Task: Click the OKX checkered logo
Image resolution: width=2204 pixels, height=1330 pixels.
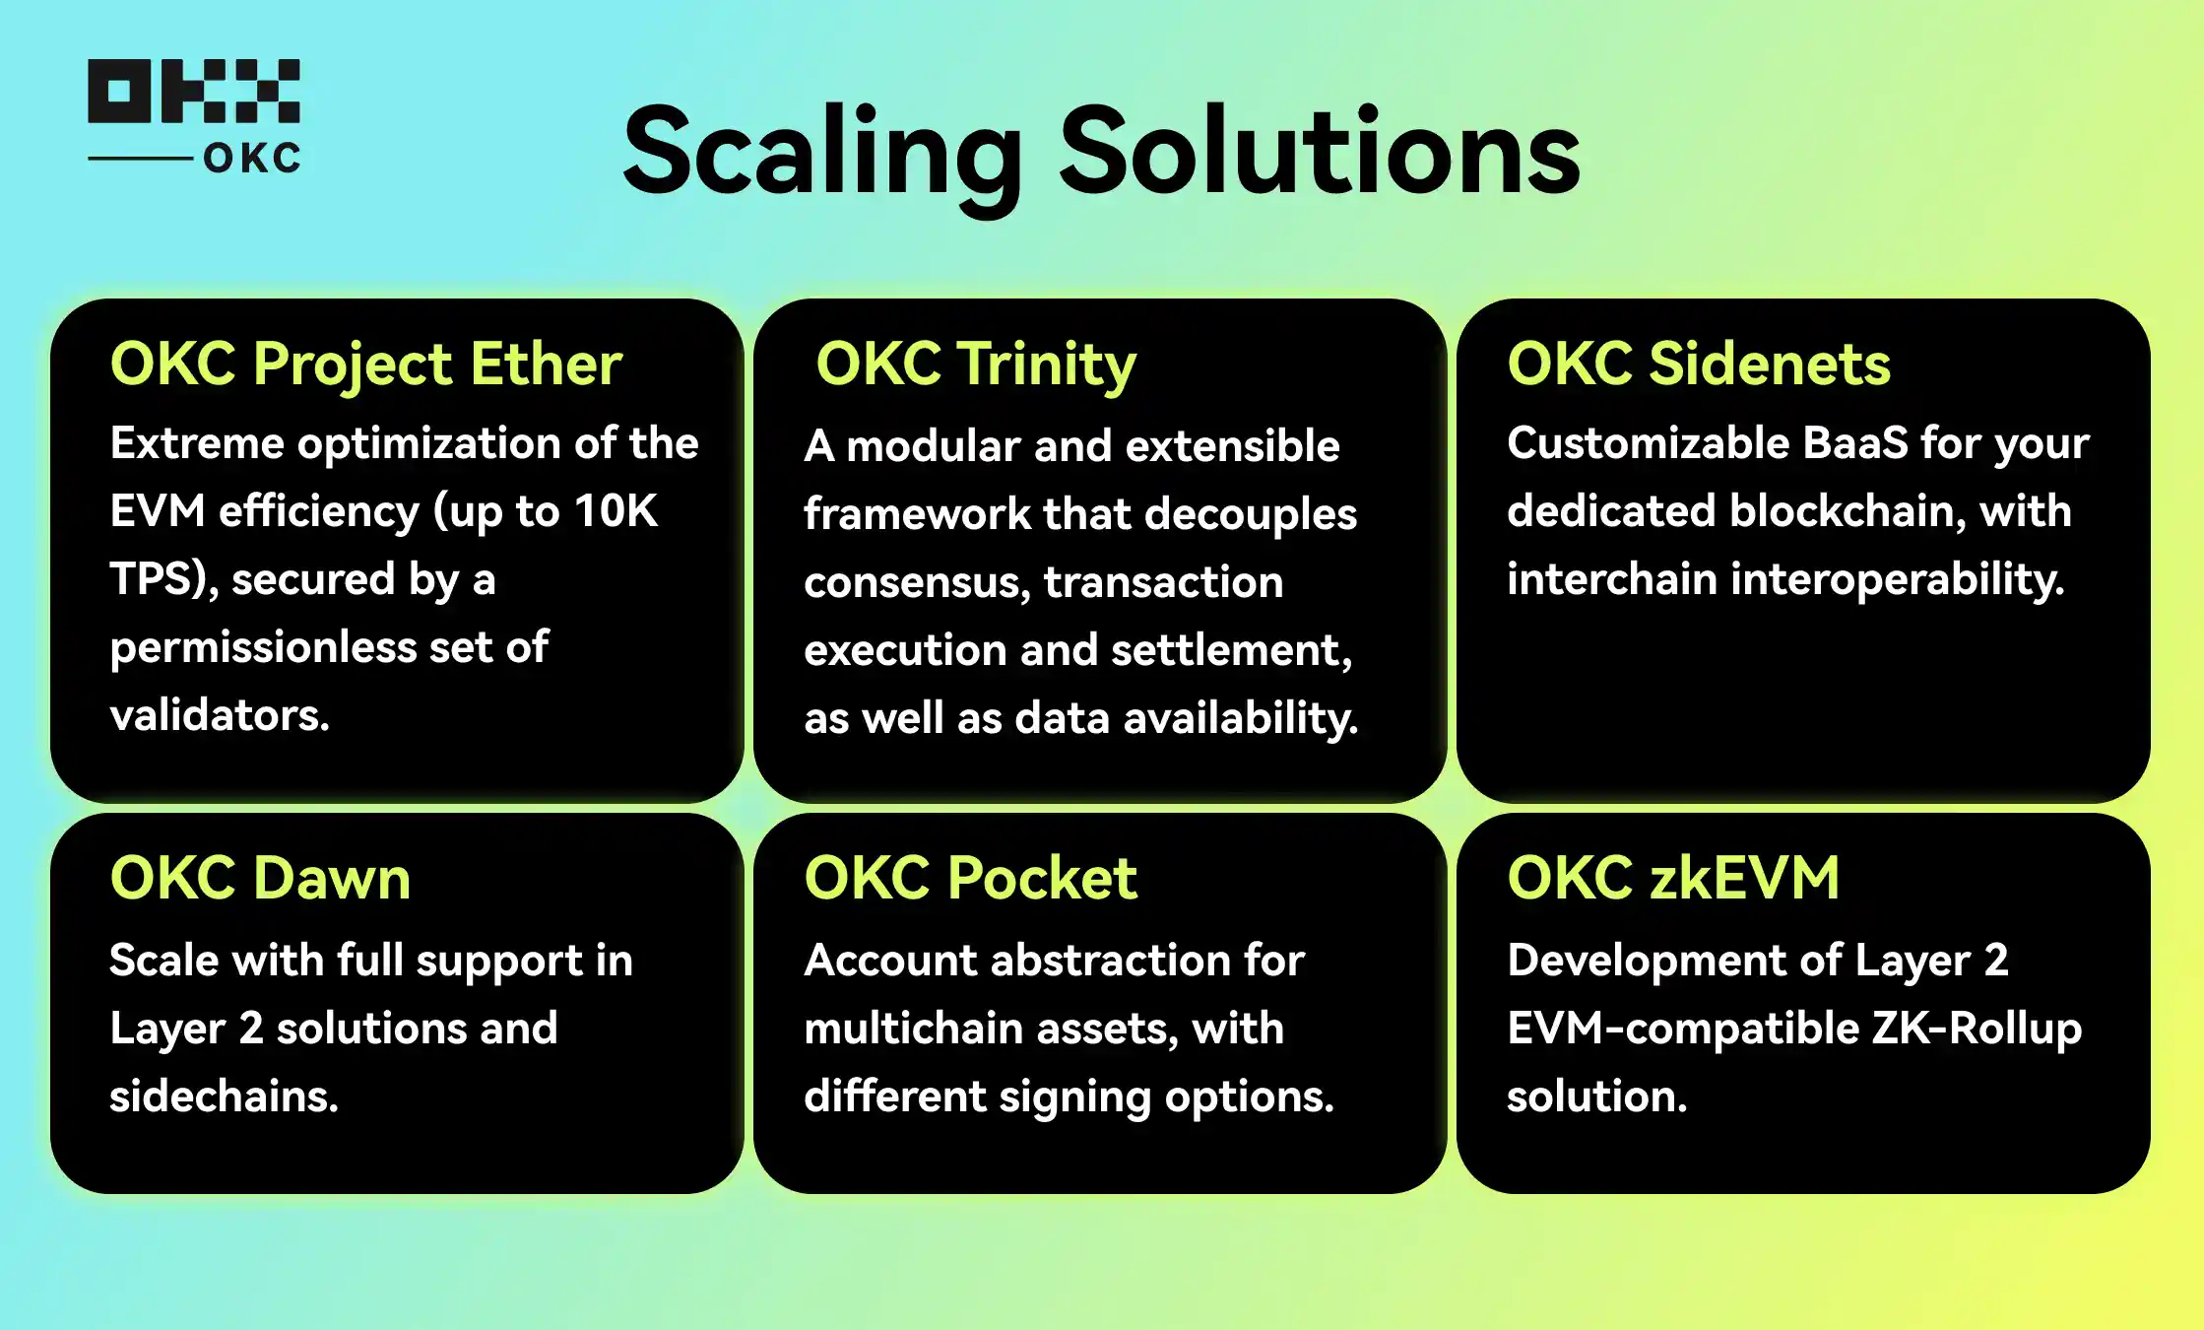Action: pyautogui.click(x=194, y=91)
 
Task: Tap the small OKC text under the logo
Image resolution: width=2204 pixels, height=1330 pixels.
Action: pyautogui.click(x=252, y=159)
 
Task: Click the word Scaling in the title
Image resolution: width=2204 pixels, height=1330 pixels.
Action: pyautogui.click(x=823, y=155)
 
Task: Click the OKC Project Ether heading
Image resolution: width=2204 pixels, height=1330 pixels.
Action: pyautogui.click(x=366, y=365)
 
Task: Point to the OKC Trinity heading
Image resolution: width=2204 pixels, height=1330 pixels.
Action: pyautogui.click(x=976, y=365)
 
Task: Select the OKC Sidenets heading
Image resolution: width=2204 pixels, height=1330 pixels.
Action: pyautogui.click(x=1699, y=364)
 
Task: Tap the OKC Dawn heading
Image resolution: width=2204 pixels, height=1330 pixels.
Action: pyautogui.click(x=260, y=878)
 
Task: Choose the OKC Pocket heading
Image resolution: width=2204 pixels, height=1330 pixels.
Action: pyautogui.click(x=971, y=878)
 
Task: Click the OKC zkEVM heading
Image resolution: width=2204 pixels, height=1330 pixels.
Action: pyautogui.click(x=1673, y=878)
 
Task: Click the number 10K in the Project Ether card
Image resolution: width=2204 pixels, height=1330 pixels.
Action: pyautogui.click(x=616, y=511)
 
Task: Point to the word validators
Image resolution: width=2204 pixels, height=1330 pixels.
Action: pyautogui.click(x=220, y=715)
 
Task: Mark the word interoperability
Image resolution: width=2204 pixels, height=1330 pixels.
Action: pyautogui.click(x=1897, y=580)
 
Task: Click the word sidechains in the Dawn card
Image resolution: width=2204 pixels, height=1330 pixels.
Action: pyautogui.click(x=224, y=1097)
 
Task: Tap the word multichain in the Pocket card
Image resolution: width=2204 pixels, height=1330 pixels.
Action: pyautogui.click(x=914, y=1029)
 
